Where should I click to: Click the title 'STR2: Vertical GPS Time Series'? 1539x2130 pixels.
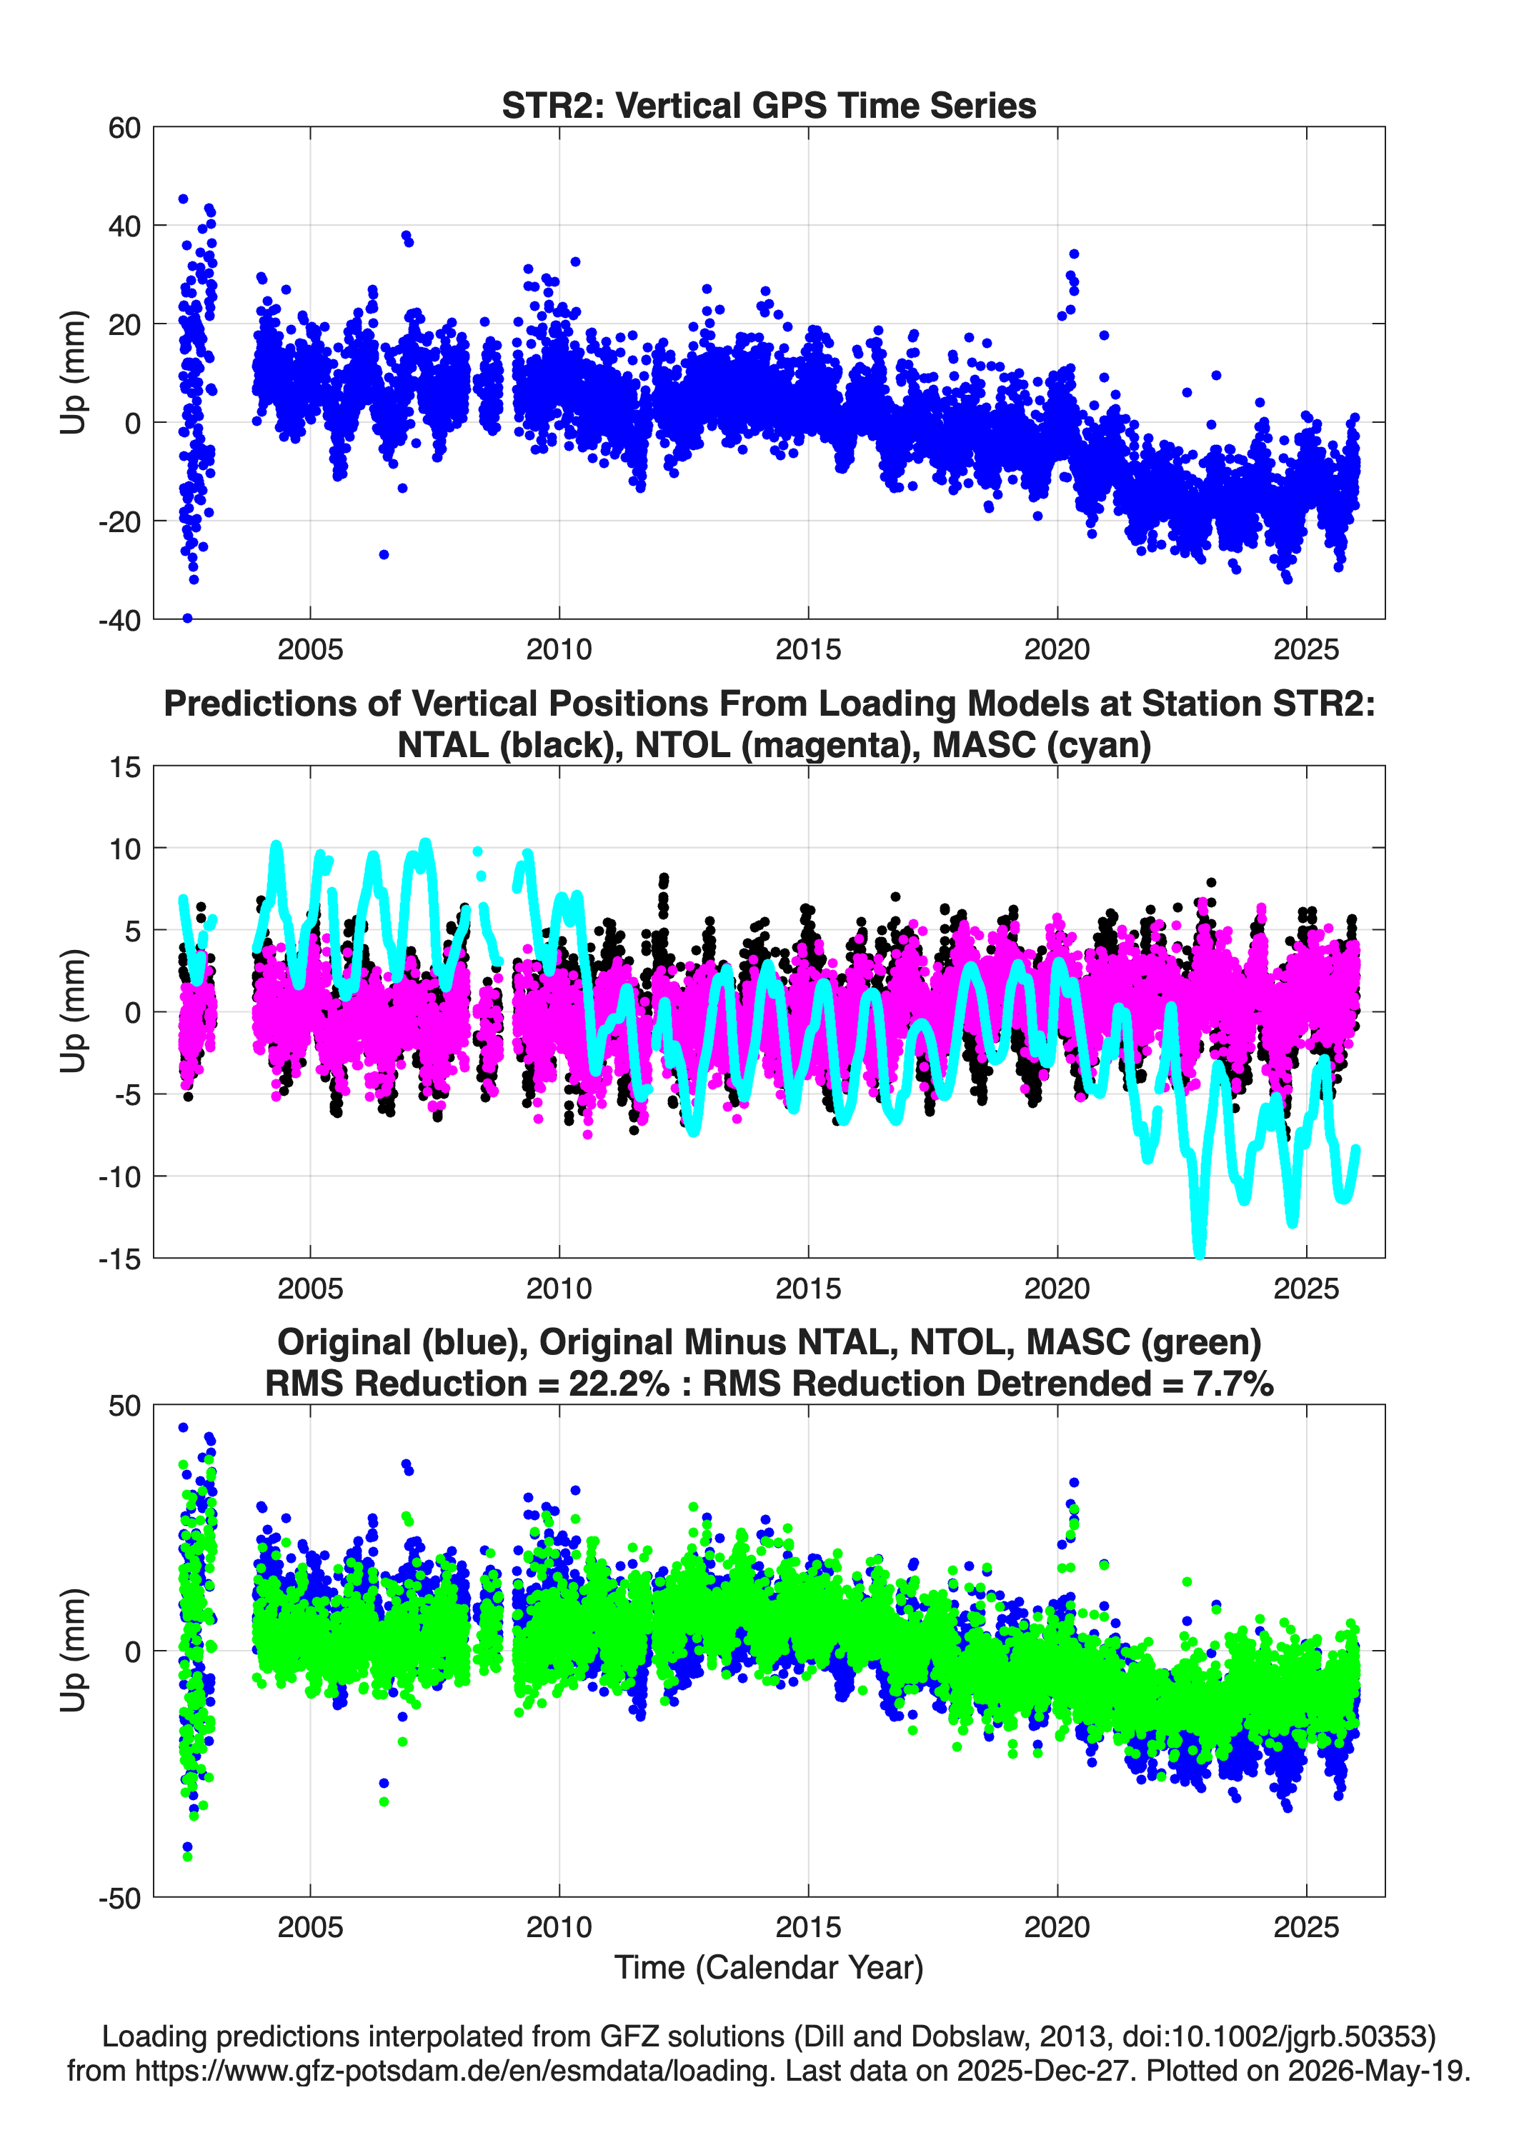click(769, 105)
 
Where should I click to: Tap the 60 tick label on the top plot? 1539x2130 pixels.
click(124, 128)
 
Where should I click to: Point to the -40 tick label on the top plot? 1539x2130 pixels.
click(119, 620)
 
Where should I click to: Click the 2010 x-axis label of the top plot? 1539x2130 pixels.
click(559, 649)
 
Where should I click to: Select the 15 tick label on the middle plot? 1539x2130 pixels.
click(125, 767)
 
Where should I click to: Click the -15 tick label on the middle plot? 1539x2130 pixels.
click(119, 1259)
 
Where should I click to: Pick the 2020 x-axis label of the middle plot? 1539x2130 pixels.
click(1057, 1288)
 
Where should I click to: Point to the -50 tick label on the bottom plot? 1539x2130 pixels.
click(119, 1898)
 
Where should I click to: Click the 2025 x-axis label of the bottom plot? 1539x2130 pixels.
click(1306, 1927)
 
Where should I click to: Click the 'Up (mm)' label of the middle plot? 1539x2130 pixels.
click(74, 1011)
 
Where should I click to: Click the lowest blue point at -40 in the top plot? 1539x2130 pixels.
click(187, 618)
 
